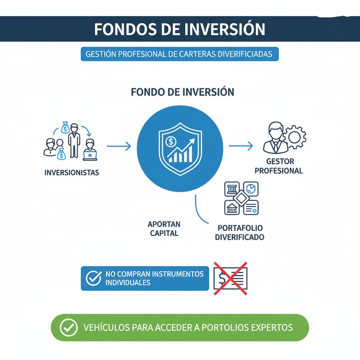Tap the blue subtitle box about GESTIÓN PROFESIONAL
(180, 54)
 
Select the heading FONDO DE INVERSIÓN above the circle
(182, 92)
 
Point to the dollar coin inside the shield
(171, 140)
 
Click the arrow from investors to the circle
(119, 147)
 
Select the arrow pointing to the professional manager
(240, 146)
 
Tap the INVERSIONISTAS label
(72, 172)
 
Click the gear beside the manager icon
(296, 137)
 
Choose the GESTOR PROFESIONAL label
(279, 166)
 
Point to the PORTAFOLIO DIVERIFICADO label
(239, 232)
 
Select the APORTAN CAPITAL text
(164, 229)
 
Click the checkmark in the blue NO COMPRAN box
(93, 278)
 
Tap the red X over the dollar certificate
(231, 279)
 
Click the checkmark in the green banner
(69, 328)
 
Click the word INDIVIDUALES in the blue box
(127, 283)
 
